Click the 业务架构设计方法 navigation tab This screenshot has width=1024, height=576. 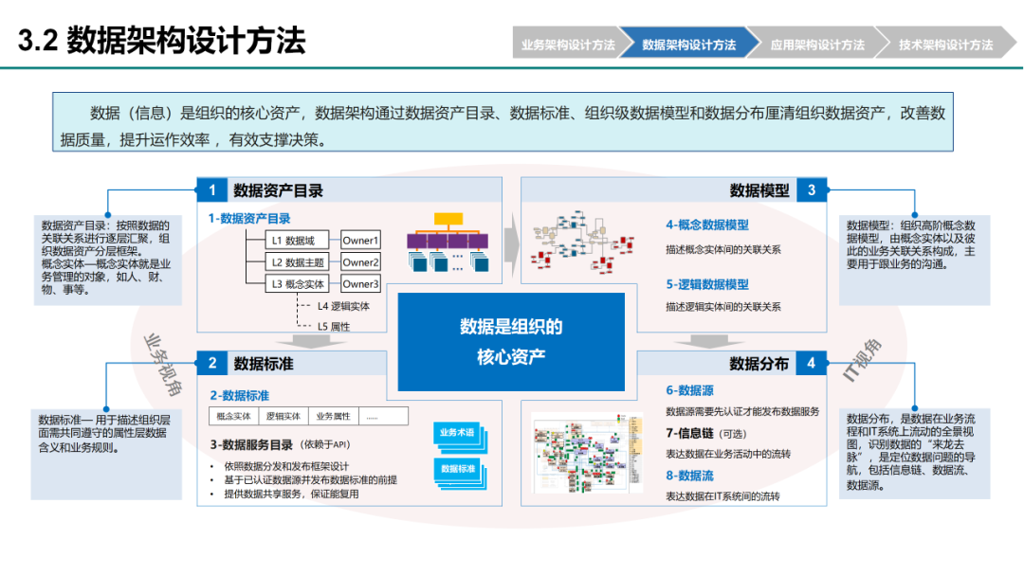pyautogui.click(x=567, y=45)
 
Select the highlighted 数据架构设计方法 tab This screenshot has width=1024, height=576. pyautogui.click(x=689, y=45)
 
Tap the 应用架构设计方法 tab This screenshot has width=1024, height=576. pyautogui.click(x=816, y=45)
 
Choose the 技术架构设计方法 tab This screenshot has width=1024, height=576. pyautogui.click(x=944, y=45)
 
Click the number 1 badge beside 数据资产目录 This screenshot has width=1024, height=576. pyautogui.click(x=212, y=190)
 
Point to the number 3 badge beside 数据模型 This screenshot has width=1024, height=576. pyautogui.click(x=812, y=190)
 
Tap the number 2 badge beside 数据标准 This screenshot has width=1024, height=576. pyautogui.click(x=212, y=363)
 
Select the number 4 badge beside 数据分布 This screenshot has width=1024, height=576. pyautogui.click(x=812, y=363)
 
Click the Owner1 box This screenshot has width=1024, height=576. pyautogui.click(x=360, y=241)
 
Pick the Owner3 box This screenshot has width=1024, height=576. pyautogui.click(x=360, y=284)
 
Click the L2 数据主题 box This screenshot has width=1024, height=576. pyautogui.click(x=298, y=262)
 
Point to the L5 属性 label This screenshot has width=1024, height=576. pyautogui.click(x=333, y=326)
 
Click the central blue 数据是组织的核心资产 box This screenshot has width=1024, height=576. pyautogui.click(x=511, y=341)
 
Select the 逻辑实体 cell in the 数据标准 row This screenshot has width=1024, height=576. pyautogui.click(x=283, y=416)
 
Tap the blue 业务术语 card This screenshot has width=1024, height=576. pyautogui.click(x=456, y=433)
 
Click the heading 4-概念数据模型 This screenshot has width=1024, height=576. pyautogui.click(x=706, y=225)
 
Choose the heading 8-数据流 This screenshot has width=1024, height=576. pyautogui.click(x=689, y=476)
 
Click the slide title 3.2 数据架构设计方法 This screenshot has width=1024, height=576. pyautogui.click(x=162, y=42)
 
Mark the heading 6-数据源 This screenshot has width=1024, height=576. pyautogui.click(x=689, y=390)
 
